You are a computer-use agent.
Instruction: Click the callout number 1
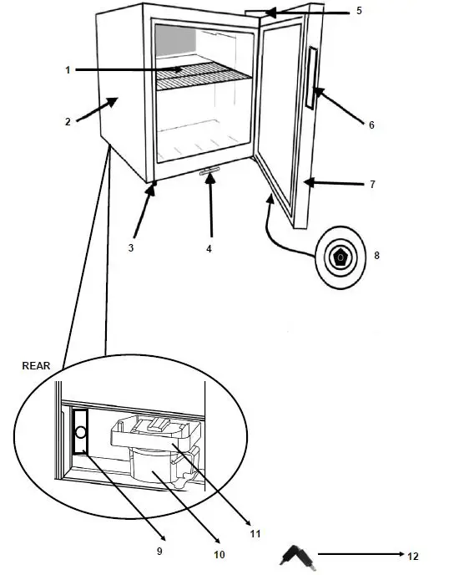click(68, 70)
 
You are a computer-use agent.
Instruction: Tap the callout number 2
click(68, 122)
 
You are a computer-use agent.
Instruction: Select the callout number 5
click(359, 11)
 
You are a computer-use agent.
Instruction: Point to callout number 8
click(376, 255)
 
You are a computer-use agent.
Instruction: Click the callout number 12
click(413, 555)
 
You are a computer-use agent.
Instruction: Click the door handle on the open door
click(312, 79)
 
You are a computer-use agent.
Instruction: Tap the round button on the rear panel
click(80, 432)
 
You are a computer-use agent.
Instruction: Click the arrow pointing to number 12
click(359, 553)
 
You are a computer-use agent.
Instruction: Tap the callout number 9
click(159, 551)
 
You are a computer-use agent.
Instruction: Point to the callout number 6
click(371, 125)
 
